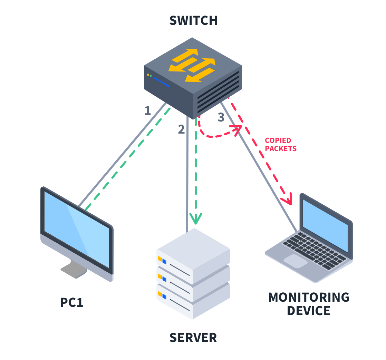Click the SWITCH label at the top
[x=193, y=20]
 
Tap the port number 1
[x=148, y=110]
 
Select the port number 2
[x=181, y=129]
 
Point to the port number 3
[x=221, y=118]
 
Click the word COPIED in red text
[x=278, y=140]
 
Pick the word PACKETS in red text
[x=281, y=149]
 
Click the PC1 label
[x=72, y=302]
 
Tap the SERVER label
[x=193, y=338]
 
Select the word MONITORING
[x=309, y=297]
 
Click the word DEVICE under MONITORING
[x=309, y=311]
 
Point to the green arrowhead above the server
[x=196, y=218]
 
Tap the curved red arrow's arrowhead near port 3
[x=238, y=128]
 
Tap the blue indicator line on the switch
[x=161, y=82]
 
